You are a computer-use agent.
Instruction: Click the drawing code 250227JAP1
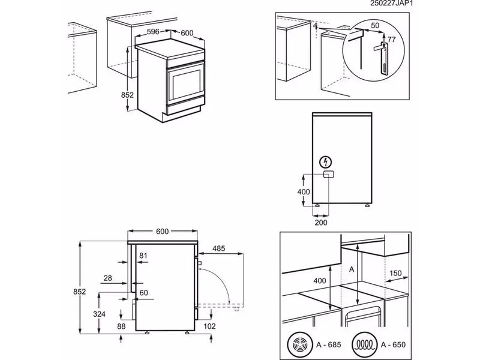[448, 4]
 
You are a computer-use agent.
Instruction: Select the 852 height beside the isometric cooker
[127, 95]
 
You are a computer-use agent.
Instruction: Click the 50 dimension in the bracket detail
[375, 26]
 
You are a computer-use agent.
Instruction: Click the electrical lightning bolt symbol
[326, 162]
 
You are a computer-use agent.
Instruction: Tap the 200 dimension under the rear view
[320, 221]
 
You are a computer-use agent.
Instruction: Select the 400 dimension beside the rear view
[303, 192]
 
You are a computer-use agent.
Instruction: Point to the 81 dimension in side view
[143, 256]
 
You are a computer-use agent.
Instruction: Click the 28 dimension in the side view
[107, 278]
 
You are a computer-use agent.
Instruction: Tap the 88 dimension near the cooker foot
[122, 327]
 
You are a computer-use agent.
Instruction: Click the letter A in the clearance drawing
[352, 269]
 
